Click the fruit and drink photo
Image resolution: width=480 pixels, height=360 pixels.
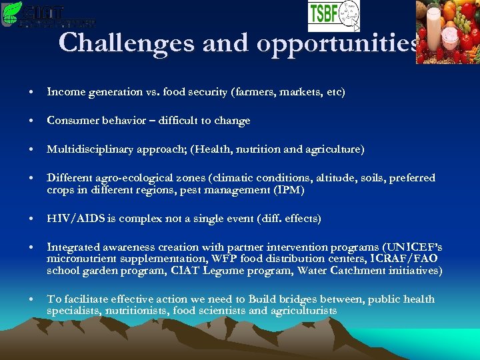(447, 31)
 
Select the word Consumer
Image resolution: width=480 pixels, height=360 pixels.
(71, 121)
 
